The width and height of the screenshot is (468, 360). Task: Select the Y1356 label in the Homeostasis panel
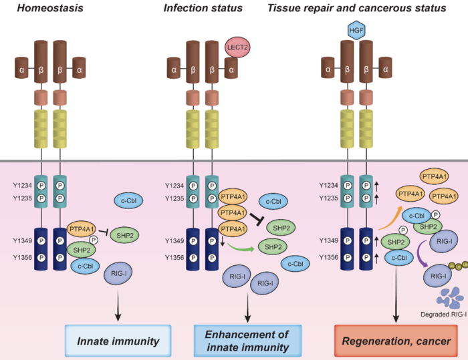tap(25, 257)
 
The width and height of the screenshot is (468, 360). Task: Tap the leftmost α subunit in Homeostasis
tap(23, 67)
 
